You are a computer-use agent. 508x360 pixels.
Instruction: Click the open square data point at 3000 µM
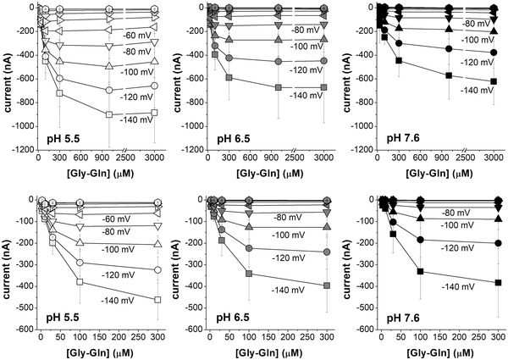point(153,113)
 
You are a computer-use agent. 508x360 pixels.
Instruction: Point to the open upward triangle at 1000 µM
point(108,66)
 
